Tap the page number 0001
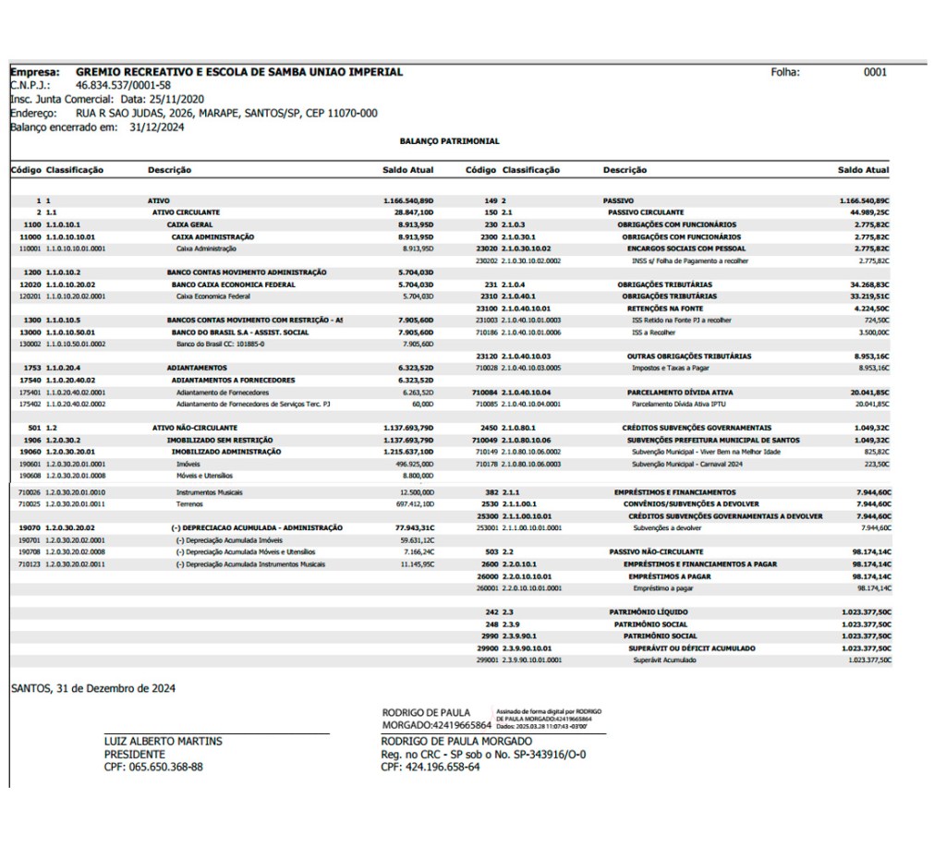[x=874, y=72]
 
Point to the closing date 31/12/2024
[x=157, y=128]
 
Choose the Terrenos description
[x=190, y=504]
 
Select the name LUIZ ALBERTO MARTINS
[x=163, y=742]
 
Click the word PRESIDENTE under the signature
[x=134, y=754]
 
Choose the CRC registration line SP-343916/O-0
[x=483, y=754]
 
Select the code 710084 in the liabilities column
[x=486, y=391]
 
